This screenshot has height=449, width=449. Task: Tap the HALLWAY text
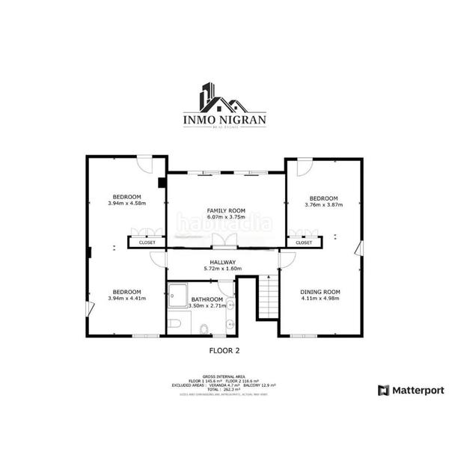coord(223,262)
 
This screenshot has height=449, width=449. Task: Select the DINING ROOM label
coord(320,291)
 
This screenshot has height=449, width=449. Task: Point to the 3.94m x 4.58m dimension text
coord(126,203)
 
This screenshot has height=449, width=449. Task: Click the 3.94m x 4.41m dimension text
coord(126,298)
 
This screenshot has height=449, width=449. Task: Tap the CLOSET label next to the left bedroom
coord(147,242)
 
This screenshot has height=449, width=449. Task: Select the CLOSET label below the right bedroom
coord(304,242)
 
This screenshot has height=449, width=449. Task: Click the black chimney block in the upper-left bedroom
coord(161,182)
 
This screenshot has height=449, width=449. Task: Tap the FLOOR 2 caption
coord(224,349)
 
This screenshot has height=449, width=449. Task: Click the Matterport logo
coord(411,390)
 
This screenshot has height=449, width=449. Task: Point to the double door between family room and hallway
coord(224,241)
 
